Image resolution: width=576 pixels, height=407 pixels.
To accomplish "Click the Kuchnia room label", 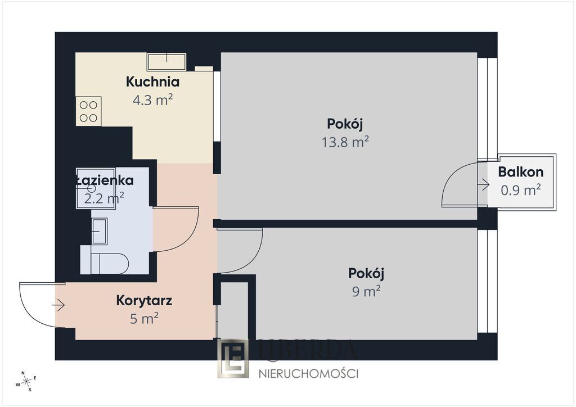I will click(x=152, y=82).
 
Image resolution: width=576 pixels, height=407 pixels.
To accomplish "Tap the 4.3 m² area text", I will click(x=152, y=101).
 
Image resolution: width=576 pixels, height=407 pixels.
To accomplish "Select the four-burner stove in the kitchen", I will click(x=88, y=111).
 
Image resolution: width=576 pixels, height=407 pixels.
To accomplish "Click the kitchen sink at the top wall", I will click(x=166, y=61).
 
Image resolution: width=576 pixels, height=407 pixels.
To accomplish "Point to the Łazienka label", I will click(x=104, y=180).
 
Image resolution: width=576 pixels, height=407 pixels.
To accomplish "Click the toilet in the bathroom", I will click(x=107, y=263).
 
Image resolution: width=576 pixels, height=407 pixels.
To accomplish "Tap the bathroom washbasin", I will click(x=100, y=231).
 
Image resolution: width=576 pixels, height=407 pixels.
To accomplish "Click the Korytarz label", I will click(x=144, y=300).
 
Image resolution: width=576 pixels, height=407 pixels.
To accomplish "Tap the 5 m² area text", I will click(x=144, y=319).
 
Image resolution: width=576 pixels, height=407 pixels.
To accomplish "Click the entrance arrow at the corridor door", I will click(x=58, y=305).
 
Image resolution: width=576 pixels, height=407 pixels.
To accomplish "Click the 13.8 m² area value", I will click(x=345, y=142).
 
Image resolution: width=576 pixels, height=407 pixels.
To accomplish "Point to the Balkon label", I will click(x=520, y=173).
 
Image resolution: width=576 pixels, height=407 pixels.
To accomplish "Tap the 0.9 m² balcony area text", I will click(x=520, y=191).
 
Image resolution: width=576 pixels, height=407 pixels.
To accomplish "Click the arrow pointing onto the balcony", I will click(x=483, y=184).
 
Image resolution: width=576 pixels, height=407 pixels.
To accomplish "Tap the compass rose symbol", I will click(x=26, y=381).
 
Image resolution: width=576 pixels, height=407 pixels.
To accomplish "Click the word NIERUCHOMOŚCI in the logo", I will click(x=308, y=373).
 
